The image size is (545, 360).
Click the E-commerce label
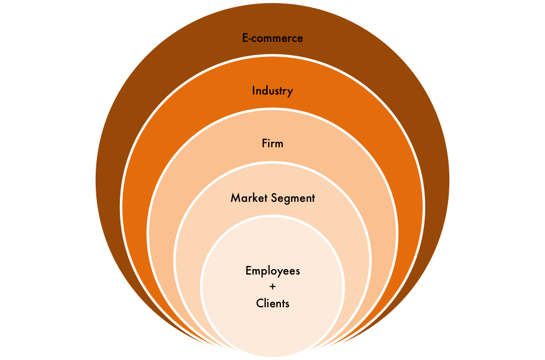(272, 38)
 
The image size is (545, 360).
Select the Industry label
(272, 91)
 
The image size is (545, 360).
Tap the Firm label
(272, 144)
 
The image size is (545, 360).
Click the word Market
(250, 198)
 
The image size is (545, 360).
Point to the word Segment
(294, 198)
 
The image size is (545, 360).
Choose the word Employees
(272, 270)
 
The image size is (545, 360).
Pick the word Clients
(272, 303)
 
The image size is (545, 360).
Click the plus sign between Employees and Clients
(272, 287)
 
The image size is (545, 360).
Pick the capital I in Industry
(254, 91)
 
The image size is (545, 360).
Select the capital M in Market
(235, 198)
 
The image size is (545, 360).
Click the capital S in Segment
(276, 198)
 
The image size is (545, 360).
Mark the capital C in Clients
(259, 303)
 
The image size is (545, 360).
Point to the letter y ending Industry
(290, 92)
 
